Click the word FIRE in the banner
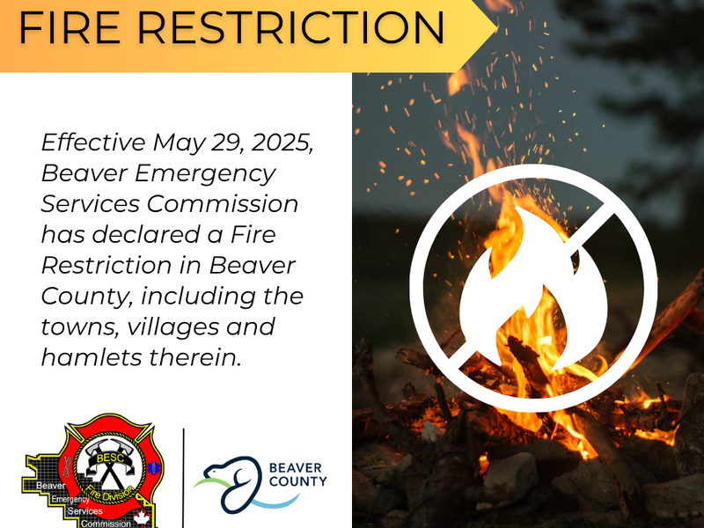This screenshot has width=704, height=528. point(70,27)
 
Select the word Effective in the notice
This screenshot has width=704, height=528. point(93,143)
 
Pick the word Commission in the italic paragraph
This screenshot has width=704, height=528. point(223,203)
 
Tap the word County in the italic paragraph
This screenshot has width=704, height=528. point(87,297)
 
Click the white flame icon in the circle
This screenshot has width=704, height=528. point(533,289)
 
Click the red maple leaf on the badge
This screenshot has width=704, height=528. point(142,517)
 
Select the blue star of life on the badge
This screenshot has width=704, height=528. point(153,468)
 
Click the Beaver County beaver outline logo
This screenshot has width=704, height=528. point(233,484)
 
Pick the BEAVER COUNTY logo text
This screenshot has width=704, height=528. point(297,474)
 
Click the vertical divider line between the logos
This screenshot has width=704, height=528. point(184,478)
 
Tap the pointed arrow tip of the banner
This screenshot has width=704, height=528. point(496,28)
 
